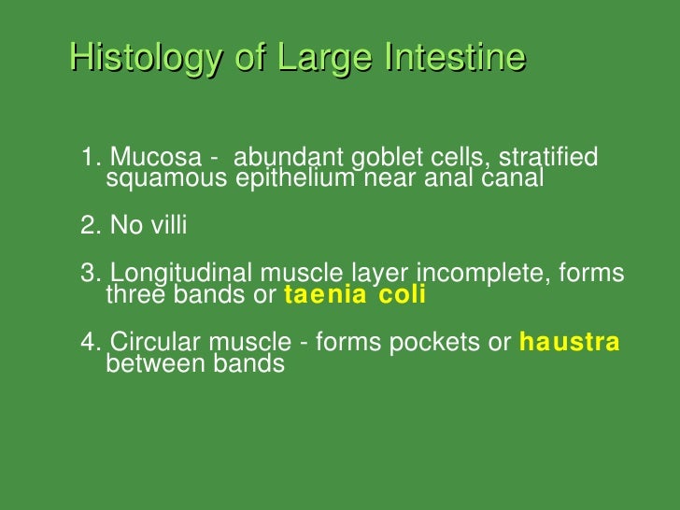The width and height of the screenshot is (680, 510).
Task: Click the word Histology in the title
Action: point(146,58)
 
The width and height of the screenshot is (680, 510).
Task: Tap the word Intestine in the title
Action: point(453,58)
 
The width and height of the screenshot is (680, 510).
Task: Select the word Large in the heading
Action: point(313,58)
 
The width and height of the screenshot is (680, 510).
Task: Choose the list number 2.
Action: point(89,225)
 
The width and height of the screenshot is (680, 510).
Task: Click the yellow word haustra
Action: point(569,342)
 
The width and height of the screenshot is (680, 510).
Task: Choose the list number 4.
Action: point(89,342)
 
